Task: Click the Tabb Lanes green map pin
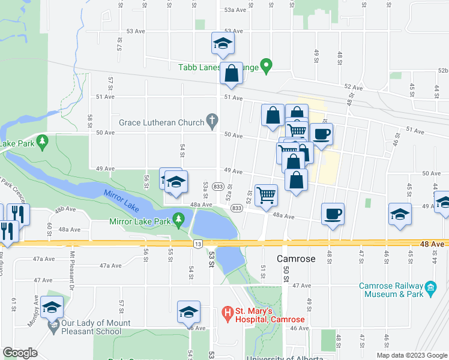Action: (268, 65)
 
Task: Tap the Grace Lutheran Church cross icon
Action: (211, 122)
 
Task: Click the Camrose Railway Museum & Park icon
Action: (430, 289)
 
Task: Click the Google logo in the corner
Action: (21, 353)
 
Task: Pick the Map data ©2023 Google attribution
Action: (411, 355)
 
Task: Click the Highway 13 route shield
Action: (197, 244)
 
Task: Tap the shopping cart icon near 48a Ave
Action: (266, 194)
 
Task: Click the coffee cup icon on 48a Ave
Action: (333, 213)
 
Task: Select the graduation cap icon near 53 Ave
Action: (223, 43)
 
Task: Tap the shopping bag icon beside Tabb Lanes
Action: (231, 73)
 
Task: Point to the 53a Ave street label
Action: (235, 10)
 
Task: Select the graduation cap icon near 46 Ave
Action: (188, 311)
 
